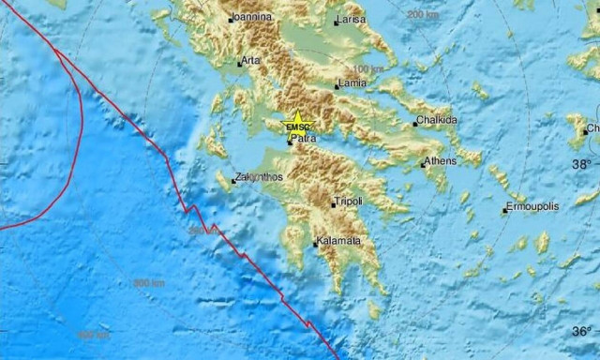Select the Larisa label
353,20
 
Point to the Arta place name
251,61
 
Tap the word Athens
440,161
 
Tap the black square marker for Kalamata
316,245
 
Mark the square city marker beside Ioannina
231,19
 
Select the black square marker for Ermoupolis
504,211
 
